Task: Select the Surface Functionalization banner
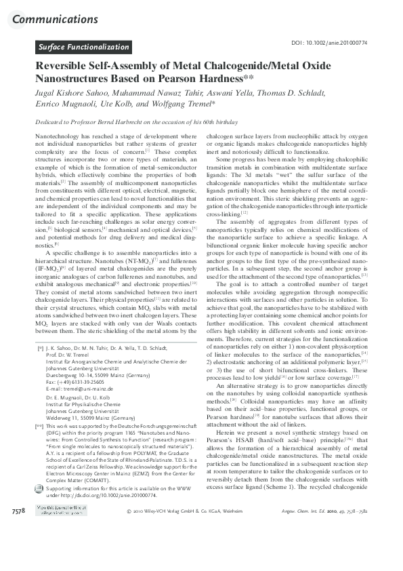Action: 85,47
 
